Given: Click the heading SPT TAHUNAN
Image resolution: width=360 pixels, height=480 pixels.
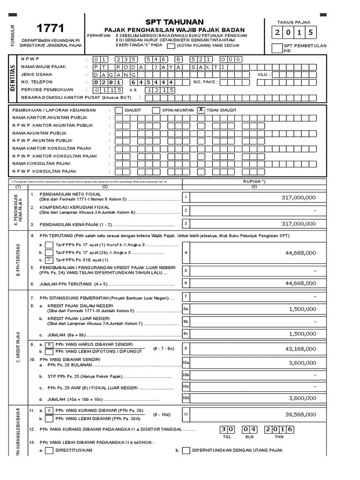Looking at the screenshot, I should pyautogui.click(x=174, y=22).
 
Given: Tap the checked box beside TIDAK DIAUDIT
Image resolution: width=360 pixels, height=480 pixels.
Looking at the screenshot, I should pyautogui.click(x=201, y=110).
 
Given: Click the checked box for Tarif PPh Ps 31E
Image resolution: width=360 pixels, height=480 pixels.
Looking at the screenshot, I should pyautogui.click(x=49, y=260).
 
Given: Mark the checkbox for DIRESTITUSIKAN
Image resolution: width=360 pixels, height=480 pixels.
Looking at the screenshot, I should pyautogui.click(x=49, y=451).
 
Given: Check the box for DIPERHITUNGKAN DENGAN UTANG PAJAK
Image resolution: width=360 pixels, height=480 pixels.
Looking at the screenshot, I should pyautogui.click(x=186, y=451).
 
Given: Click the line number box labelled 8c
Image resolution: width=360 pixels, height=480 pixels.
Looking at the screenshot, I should pyautogui.click(x=186, y=333).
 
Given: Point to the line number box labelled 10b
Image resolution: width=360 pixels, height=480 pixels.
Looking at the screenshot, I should pyautogui.click(x=186, y=375).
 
